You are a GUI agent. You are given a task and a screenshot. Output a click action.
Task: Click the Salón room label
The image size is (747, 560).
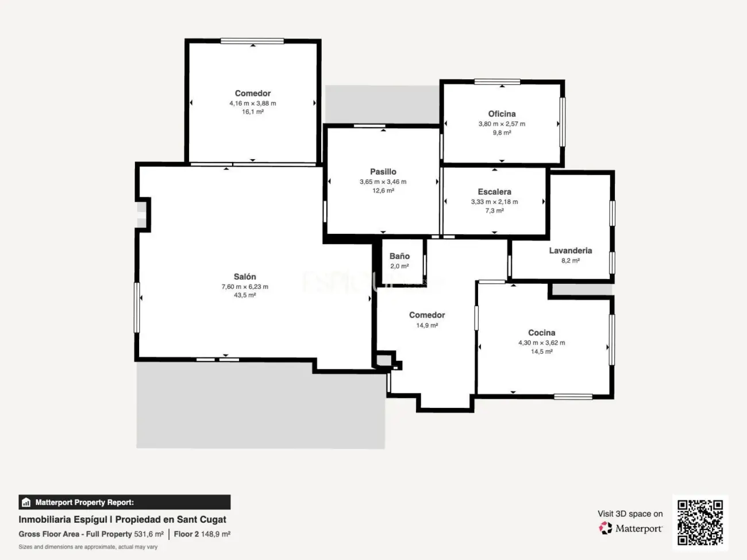245,277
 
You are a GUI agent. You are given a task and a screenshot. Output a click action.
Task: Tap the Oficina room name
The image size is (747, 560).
502,114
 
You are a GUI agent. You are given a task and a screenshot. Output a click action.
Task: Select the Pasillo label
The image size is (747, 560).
383,172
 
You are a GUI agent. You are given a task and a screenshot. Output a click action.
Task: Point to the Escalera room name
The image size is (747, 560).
494,192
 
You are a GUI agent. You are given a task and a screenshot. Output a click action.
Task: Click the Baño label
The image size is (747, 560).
399,256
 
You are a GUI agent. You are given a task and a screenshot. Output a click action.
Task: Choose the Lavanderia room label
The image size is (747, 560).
570,250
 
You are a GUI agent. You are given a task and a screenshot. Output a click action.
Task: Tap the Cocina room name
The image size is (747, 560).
541,333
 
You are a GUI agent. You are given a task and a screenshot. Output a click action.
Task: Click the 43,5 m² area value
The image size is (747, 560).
245,295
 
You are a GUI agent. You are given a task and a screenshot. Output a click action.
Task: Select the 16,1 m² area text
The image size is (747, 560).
253,112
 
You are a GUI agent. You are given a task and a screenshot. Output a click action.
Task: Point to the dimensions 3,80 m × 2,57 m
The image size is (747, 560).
502,124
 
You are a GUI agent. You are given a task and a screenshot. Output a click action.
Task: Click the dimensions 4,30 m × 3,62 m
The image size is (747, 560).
541,343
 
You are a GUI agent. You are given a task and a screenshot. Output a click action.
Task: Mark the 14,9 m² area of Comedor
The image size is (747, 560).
427,326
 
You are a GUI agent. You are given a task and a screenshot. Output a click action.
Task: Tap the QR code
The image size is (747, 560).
700,522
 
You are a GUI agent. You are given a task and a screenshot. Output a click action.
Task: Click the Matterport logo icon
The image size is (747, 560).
606,528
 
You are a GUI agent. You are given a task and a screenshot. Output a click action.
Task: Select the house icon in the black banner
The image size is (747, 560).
26,503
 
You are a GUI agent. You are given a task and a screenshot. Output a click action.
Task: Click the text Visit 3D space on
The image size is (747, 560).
630,514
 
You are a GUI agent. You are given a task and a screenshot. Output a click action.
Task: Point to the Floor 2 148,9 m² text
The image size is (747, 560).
202,534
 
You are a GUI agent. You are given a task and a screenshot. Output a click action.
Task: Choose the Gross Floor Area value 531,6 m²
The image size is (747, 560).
149,534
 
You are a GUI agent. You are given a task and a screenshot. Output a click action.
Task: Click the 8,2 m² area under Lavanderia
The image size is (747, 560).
570,261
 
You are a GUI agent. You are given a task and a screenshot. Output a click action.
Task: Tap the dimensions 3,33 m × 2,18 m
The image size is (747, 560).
494,202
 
